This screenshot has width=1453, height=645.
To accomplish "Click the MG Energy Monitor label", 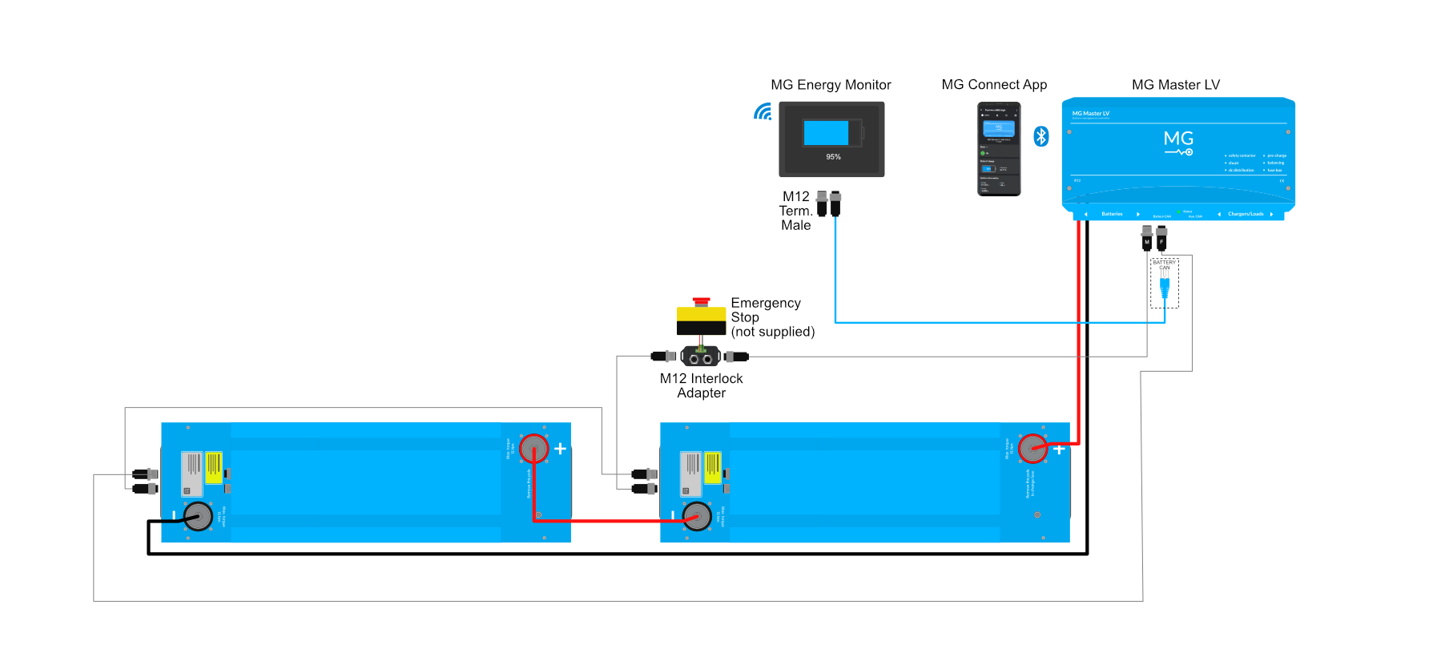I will coord(831,85).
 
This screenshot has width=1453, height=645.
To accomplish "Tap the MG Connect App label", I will coord(994,85).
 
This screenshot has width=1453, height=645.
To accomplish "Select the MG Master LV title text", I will coord(1175,85).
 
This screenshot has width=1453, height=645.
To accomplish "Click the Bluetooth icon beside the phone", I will coord(1041,136).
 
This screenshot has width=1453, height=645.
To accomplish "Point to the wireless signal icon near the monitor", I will coord(763,112).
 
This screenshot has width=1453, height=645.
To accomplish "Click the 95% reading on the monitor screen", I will coord(833,157).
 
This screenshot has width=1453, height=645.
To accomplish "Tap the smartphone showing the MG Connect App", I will coord(999,148).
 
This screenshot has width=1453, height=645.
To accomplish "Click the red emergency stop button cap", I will coord(702,301).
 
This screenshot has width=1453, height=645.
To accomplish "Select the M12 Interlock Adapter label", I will coord(701,385).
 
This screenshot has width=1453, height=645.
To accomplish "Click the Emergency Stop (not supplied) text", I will coord(772,317).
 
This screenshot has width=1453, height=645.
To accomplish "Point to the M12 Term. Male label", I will coord(795,211).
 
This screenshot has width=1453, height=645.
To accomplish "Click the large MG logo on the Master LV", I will coord(1178,141).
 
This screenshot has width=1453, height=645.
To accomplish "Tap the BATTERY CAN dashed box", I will coord(1165,283).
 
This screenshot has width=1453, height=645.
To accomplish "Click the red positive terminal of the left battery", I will coord(533,449).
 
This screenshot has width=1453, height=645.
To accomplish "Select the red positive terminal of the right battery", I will coord(1032,449).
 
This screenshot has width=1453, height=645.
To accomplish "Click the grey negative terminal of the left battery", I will coord(198,517).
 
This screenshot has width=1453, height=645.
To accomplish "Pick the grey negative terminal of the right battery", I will coord(697,517).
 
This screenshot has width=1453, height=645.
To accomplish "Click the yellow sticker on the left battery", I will coord(214,467).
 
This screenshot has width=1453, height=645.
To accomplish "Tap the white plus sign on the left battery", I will coord(561,449).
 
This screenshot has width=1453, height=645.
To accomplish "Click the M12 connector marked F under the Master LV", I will coord(1161,239).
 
